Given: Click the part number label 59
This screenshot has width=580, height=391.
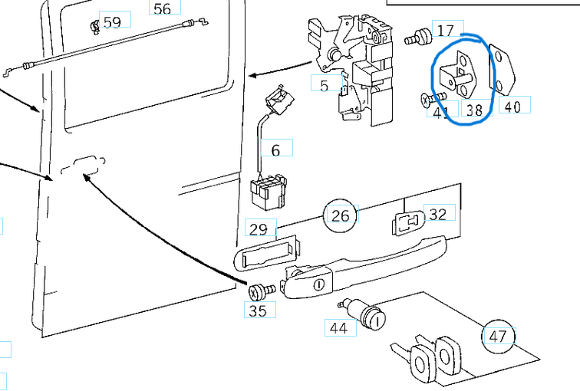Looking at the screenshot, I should [x=112, y=22].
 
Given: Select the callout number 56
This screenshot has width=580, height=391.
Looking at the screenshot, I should [x=163, y=8].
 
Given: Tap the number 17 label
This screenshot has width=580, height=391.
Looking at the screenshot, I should [x=446, y=31].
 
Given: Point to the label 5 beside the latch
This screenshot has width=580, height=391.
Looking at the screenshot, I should [x=325, y=84].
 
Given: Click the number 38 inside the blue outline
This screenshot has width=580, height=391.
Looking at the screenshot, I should [x=474, y=110].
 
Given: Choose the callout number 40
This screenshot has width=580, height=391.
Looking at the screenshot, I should [x=512, y=107].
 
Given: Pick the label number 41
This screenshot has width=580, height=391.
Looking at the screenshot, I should [x=441, y=112].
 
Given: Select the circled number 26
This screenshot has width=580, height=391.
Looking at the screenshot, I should [x=341, y=216].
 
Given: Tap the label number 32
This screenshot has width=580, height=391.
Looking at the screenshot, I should [x=437, y=215].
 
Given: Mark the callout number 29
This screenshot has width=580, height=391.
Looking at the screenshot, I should [x=259, y=228].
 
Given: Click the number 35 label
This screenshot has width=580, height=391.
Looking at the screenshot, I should [x=259, y=310].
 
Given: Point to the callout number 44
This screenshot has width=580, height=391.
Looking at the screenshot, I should [x=338, y=328].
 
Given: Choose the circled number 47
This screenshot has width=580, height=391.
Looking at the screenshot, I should [x=498, y=336].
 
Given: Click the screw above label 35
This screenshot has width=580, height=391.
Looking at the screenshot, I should [x=259, y=291].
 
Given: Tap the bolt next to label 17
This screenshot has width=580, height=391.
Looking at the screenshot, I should [x=420, y=35].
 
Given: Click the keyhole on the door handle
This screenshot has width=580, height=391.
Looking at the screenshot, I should [x=318, y=284].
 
